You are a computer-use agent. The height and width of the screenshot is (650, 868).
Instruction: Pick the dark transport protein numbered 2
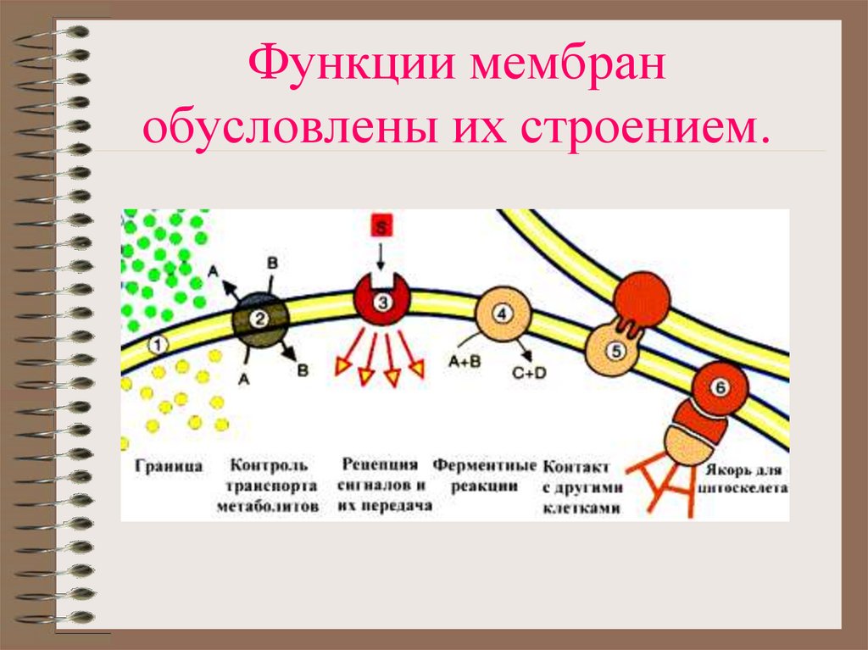[261, 319]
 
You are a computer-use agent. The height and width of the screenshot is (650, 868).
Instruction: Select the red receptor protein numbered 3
[382, 301]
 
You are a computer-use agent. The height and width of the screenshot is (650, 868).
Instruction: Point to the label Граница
[168, 467]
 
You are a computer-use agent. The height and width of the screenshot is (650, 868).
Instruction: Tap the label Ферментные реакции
[485, 475]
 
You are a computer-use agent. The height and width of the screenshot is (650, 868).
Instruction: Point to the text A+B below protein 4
[465, 359]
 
